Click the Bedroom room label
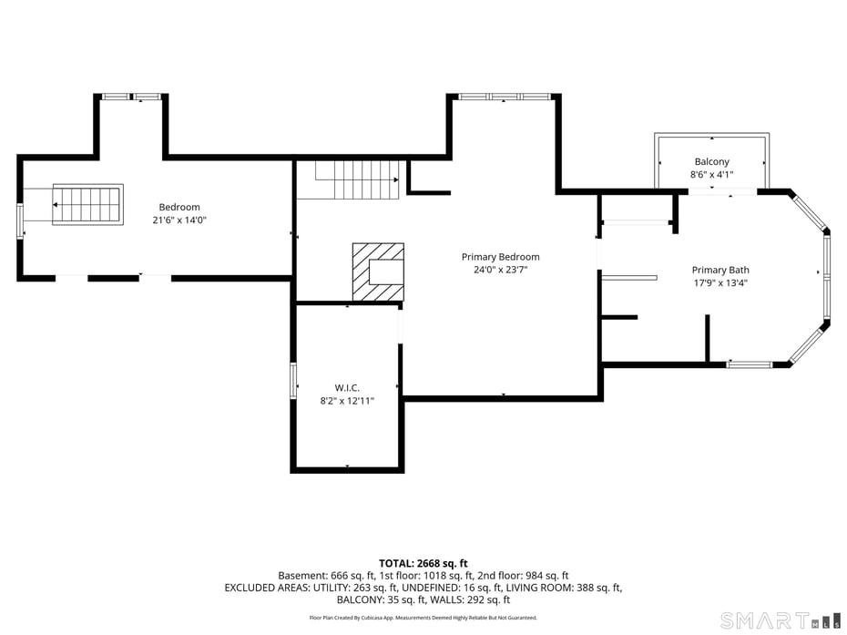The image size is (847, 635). pyautogui.click(x=179, y=207)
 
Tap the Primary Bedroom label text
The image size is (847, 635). pyautogui.click(x=500, y=257)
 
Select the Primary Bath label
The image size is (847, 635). pyautogui.click(x=720, y=270)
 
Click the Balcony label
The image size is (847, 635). pyautogui.click(x=711, y=161)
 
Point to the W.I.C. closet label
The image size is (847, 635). pyautogui.click(x=347, y=387)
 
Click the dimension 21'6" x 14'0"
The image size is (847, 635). pyautogui.click(x=179, y=220)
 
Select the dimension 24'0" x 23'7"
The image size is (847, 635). pyautogui.click(x=500, y=270)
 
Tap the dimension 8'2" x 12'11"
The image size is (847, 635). pyautogui.click(x=347, y=400)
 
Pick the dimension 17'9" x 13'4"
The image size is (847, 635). pyautogui.click(x=720, y=282)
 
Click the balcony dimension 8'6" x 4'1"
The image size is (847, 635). pyautogui.click(x=711, y=174)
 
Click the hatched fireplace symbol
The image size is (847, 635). pyautogui.click(x=378, y=272)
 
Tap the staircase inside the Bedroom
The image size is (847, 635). pyautogui.click(x=87, y=204)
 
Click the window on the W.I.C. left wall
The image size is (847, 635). pyautogui.click(x=293, y=380)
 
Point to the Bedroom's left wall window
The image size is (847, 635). pyautogui.click(x=20, y=221)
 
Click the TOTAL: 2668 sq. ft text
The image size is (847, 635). pyautogui.click(x=423, y=563)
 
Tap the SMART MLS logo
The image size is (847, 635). pyautogui.click(x=779, y=620)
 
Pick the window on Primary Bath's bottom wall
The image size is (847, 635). pyautogui.click(x=749, y=364)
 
